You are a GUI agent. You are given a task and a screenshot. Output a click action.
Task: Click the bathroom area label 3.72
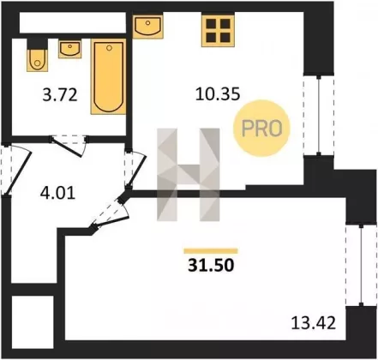click(x=60, y=95)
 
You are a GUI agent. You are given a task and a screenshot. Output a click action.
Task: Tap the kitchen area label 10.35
click(x=218, y=94)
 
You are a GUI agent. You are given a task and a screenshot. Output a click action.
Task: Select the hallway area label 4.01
click(x=57, y=193)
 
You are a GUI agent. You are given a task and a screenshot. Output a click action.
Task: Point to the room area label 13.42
click(x=314, y=323)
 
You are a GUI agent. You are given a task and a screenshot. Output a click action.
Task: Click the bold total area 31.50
click(x=211, y=265)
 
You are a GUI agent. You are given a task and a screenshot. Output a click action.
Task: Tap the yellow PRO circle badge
click(x=261, y=128)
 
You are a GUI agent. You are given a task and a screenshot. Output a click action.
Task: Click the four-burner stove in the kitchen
click(x=218, y=30)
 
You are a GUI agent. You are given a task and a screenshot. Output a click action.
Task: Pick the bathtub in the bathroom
click(x=109, y=76)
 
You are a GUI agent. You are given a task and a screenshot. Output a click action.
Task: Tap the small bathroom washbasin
click(x=70, y=49)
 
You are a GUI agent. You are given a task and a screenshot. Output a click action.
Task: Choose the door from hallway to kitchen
click(x=135, y=169)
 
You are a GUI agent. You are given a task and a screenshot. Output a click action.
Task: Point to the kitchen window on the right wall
click(x=319, y=116)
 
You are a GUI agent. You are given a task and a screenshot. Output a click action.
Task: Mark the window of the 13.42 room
click(x=361, y=266)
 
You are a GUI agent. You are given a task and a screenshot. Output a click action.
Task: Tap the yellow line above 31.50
click(x=211, y=251)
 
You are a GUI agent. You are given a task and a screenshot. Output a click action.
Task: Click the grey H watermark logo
click(x=189, y=175)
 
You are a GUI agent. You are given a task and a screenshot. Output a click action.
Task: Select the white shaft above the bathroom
click(x=73, y=22)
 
